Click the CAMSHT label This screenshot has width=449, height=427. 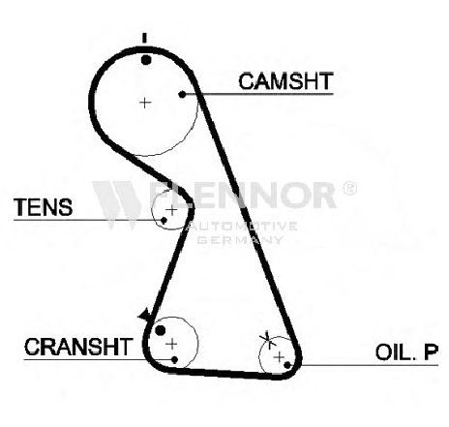tap(285, 81)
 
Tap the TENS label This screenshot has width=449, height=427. tap(43, 207)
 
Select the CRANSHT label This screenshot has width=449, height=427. tap(78, 347)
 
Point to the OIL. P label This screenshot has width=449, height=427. tap(406, 351)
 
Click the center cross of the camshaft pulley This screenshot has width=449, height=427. tap(145, 103)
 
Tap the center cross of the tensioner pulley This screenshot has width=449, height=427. tap(172, 210)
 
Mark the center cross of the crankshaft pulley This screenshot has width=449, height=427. tap(171, 344)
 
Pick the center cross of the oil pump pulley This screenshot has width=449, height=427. tap(280, 357)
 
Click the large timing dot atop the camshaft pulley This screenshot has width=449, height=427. tap(146, 60)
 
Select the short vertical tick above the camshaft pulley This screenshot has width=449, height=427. tap(144, 38)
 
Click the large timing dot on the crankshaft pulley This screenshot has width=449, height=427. tap(161, 330)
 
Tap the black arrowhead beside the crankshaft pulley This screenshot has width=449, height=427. tap(144, 315)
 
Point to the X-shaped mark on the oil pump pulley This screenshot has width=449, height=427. tap(268, 340)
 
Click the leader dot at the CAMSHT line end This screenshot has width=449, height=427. tap(182, 94)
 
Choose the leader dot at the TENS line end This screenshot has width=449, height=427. tap(164, 221)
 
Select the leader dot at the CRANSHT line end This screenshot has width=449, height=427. tap(175, 359)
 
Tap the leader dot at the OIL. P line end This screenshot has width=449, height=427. tap(287, 365)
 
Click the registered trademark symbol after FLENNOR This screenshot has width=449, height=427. tap(349, 189)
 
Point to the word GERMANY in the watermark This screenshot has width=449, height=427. tap(240, 240)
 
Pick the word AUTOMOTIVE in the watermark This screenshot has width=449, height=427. tap(242, 226)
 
